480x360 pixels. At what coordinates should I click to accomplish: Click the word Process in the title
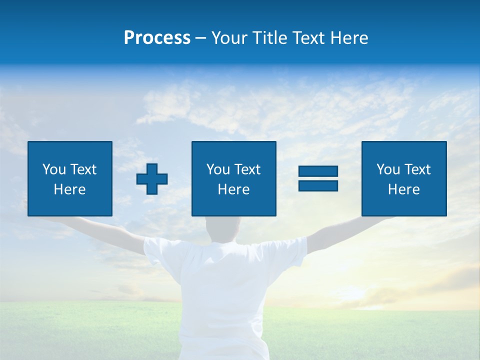[157, 38]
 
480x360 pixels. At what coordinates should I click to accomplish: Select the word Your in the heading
[230, 38]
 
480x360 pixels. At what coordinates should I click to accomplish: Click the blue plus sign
[152, 179]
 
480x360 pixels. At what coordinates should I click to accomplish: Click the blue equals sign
[318, 178]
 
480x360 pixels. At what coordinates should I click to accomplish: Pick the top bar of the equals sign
[318, 171]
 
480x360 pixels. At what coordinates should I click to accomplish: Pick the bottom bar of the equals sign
[318, 185]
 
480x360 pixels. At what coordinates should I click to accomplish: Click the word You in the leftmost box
[53, 169]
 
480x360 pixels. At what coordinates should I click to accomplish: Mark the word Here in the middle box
[233, 189]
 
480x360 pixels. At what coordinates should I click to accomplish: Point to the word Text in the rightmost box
[417, 169]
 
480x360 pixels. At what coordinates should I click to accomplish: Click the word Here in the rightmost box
[404, 189]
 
